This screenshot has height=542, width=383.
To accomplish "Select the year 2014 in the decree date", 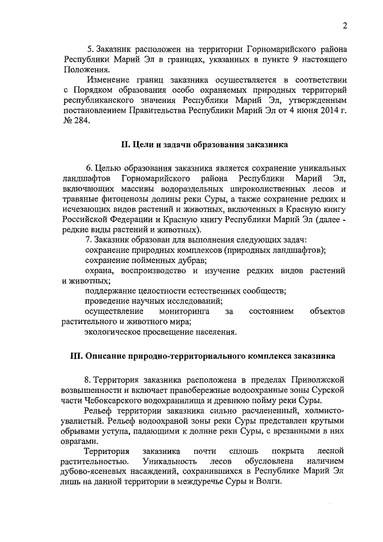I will (x=323, y=110).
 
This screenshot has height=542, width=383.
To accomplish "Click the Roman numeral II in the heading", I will (x=125, y=145).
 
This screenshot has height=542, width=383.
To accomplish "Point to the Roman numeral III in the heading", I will (x=76, y=356).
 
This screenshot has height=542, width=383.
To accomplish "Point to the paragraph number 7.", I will (x=88, y=240).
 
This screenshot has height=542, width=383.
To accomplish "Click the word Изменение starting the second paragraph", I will (x=110, y=79).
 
